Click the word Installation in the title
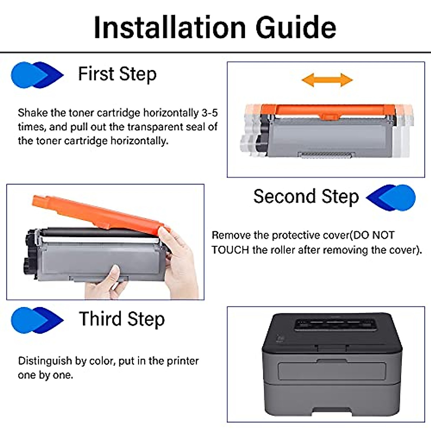coord(170,28)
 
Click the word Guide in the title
coord(296,28)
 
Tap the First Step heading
coord(117,74)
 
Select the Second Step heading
coord(306,197)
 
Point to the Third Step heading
coord(122,319)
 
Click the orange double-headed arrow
coord(327,80)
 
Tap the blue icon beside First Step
coord(37,75)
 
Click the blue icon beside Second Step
coord(391,198)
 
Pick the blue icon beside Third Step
coord(37,320)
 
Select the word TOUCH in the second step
coord(230,250)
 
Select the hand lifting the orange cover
coord(179,262)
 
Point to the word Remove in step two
coord(231,235)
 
